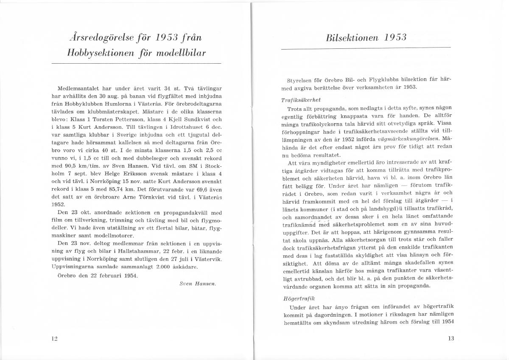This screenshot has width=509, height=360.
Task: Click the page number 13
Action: pos(450,339)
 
